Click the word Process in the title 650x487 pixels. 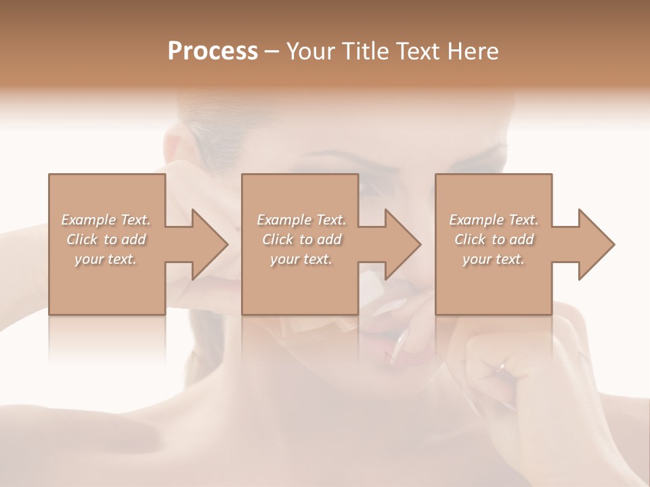[x=213, y=51]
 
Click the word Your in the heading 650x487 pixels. [x=309, y=51]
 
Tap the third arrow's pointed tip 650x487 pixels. [x=613, y=244]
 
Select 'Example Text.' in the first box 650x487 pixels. [x=106, y=220]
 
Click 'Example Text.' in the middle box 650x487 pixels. [x=301, y=220]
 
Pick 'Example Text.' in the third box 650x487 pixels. [x=494, y=220]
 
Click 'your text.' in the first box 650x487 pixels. [x=106, y=259]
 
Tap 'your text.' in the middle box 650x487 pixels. [x=301, y=259]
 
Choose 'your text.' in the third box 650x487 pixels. [x=493, y=259]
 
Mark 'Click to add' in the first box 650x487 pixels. [x=106, y=239]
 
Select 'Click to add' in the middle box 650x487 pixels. [x=301, y=239]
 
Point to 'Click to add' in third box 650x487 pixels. [x=494, y=239]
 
